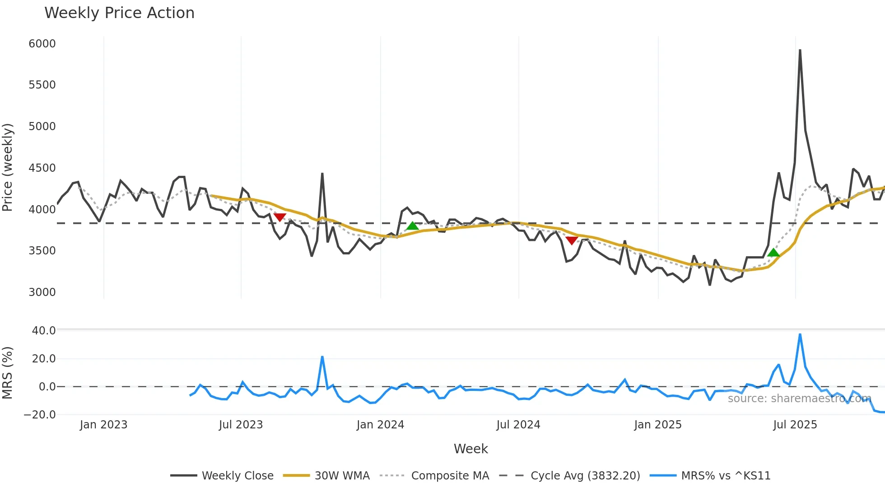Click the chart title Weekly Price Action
pos(119,13)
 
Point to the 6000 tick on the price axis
pos(42,44)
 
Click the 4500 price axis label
pos(42,168)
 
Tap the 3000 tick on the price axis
pos(42,292)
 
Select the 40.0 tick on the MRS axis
pos(44,331)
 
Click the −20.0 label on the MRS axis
pos(40,415)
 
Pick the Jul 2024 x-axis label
pos(518,425)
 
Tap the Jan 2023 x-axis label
pos(103,425)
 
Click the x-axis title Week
pos(470,449)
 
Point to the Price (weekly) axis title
pos(7,167)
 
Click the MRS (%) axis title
pos(7,373)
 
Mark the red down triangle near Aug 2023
pos(280,217)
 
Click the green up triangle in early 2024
pos(412,226)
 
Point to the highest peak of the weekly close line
pos(800,50)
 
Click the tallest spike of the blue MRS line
pos(800,334)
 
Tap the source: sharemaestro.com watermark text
pos(799,399)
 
